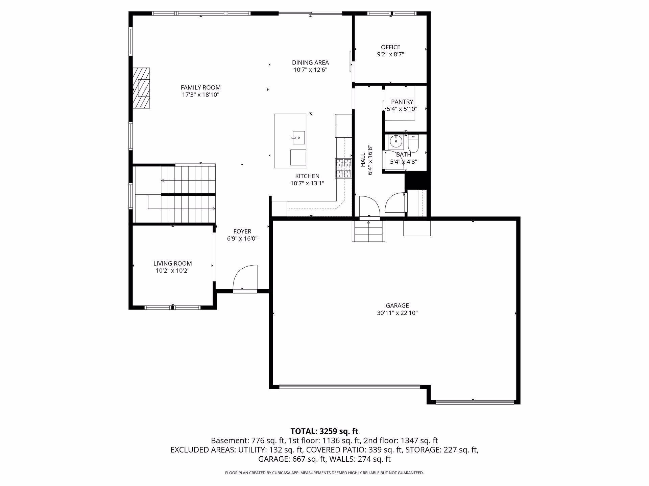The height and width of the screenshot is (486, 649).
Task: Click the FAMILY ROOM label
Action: pyautogui.click(x=201, y=87)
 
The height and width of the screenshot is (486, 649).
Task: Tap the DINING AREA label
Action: pyautogui.click(x=310, y=62)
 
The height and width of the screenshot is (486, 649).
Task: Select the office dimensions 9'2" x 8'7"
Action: pyautogui.click(x=391, y=54)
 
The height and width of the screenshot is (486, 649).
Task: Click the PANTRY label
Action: pyautogui.click(x=402, y=102)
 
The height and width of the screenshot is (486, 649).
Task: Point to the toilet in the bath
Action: pyautogui.click(x=413, y=143)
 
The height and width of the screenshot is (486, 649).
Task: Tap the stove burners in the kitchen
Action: pyautogui.click(x=343, y=168)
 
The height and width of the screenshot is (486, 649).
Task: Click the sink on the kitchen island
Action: pyautogui.click(x=299, y=137)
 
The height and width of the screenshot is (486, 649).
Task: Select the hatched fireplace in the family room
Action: pyautogui.click(x=141, y=88)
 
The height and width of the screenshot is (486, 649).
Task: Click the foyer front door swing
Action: pyautogui.click(x=245, y=277)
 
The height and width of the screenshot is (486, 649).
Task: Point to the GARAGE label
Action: pyautogui.click(x=397, y=305)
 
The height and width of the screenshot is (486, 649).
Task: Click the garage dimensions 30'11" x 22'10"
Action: pyautogui.click(x=397, y=313)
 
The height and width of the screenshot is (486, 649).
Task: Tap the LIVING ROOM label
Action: pyautogui.click(x=172, y=263)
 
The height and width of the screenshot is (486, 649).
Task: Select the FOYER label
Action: pyautogui.click(x=242, y=231)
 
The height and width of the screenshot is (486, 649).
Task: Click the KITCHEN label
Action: pyautogui.click(x=307, y=176)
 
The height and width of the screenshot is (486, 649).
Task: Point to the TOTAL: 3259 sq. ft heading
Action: pyautogui.click(x=324, y=431)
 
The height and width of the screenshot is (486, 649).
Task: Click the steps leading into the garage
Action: pyautogui.click(x=368, y=231)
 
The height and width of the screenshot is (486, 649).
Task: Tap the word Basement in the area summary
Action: pyautogui.click(x=230, y=440)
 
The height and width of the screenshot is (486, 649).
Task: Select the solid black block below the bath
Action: pyautogui.click(x=417, y=181)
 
